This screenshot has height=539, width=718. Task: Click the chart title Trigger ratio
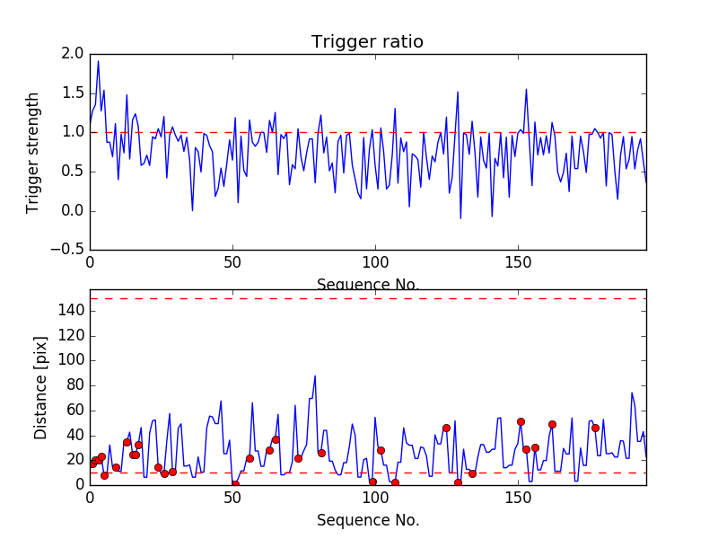[x=367, y=42]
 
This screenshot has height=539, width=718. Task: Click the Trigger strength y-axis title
[x=33, y=153]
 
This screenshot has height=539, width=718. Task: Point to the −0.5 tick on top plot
[x=66, y=251]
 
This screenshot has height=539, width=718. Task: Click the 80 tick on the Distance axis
[x=74, y=385]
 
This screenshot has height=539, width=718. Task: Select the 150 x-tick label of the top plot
[x=518, y=265]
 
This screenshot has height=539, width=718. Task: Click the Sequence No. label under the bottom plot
[x=368, y=520]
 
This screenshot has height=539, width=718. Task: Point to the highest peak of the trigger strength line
[x=98, y=61]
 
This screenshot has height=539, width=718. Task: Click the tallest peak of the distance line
[x=315, y=376]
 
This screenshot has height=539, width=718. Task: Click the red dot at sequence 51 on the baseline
[x=235, y=484]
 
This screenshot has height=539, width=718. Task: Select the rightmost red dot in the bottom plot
[x=595, y=428]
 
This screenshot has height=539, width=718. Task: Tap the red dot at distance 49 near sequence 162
[x=552, y=424]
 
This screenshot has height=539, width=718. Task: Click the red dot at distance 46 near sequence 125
[x=446, y=428]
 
